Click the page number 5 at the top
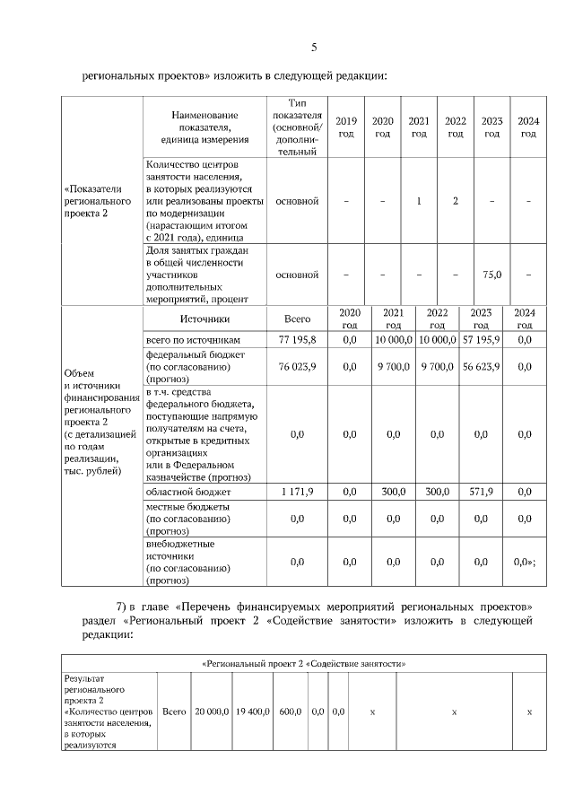point(314,47)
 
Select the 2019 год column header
point(345,127)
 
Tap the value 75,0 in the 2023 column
point(491,275)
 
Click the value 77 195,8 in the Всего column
point(296,340)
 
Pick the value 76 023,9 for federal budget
point(296,366)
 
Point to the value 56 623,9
point(482,366)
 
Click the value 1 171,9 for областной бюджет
point(296,492)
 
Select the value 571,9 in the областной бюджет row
point(482,492)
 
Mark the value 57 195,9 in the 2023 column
point(482,340)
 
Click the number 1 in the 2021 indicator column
point(419,201)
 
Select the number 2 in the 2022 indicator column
point(456,201)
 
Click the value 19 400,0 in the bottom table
point(252,711)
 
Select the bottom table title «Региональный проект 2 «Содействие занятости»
point(297,664)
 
